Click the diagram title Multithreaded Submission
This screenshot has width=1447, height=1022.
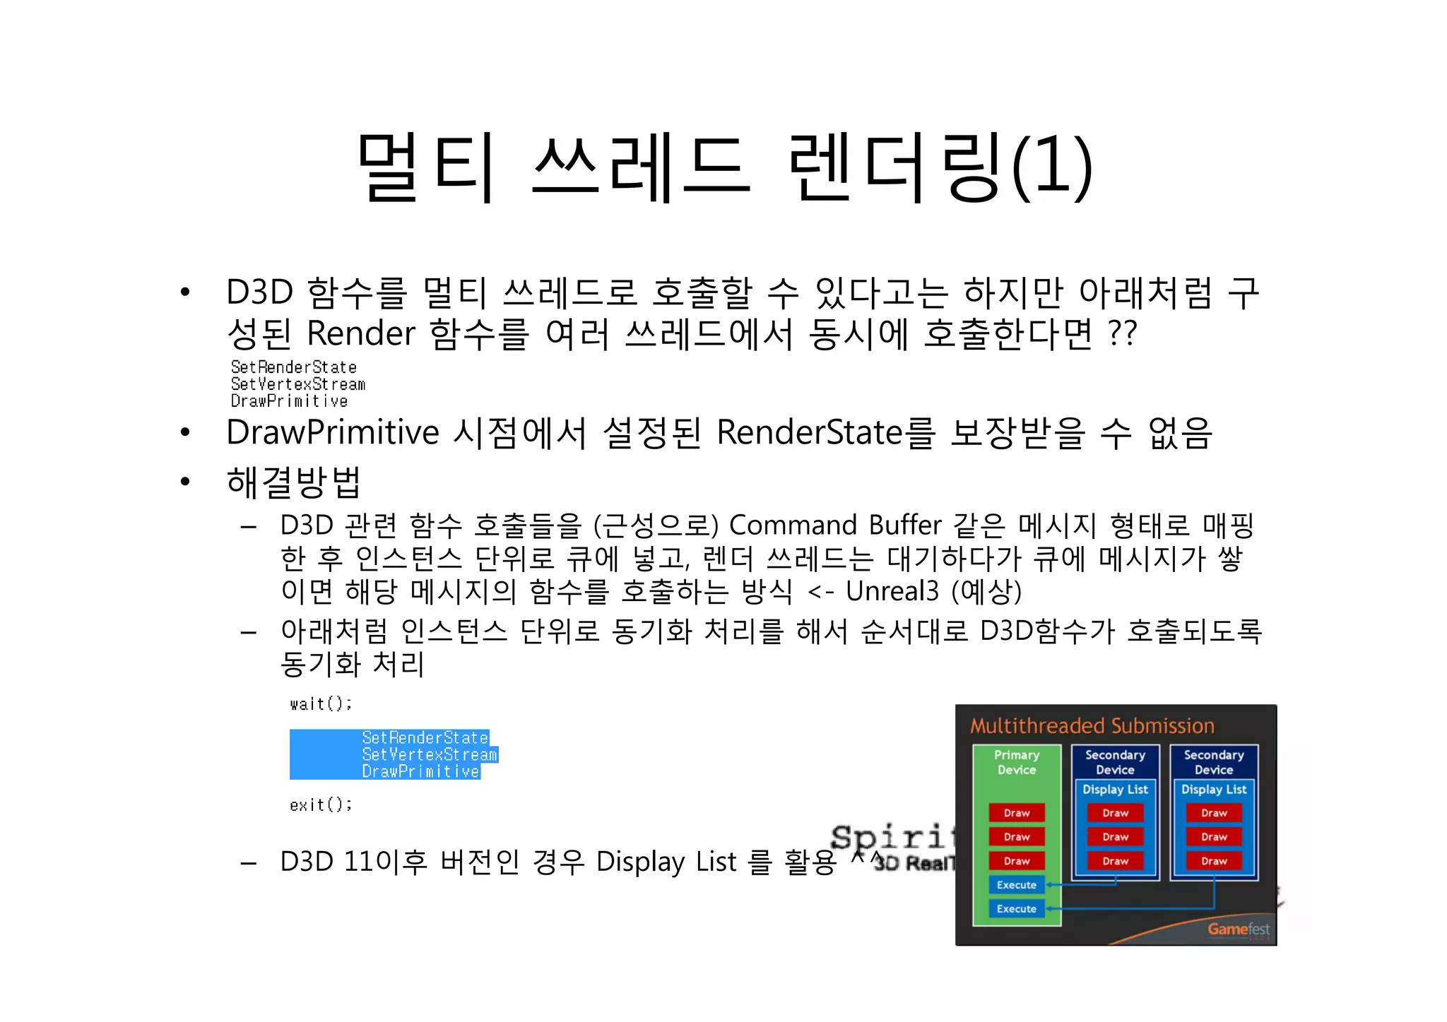pos(1092,726)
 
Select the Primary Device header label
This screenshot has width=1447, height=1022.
pos(1016,762)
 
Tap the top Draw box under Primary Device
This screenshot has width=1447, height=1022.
pos(1016,813)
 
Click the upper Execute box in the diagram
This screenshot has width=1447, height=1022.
pos(1016,885)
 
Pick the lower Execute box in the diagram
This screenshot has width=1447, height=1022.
pos(1016,909)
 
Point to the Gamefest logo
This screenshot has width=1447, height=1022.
pos(1238,929)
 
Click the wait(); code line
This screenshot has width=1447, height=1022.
pos(320,704)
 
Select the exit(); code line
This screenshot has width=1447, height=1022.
pos(320,805)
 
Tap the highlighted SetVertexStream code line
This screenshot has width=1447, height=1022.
pos(430,755)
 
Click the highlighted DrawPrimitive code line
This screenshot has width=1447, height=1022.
pos(421,772)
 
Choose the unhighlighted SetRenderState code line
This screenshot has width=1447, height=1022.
pos(293,367)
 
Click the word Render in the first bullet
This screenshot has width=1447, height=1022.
pos(361,333)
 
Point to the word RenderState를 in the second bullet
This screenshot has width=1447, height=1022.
pos(826,433)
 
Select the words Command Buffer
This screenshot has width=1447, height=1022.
pos(835,525)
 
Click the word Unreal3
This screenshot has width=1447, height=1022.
pos(892,591)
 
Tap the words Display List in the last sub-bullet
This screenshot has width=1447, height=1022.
pos(666,862)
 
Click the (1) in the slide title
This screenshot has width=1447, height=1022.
pos(1052,166)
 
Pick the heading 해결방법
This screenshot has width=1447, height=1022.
pos(293,482)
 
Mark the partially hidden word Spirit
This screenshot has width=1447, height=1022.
pos(892,837)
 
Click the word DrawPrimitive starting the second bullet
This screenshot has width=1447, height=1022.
pos(332,433)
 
